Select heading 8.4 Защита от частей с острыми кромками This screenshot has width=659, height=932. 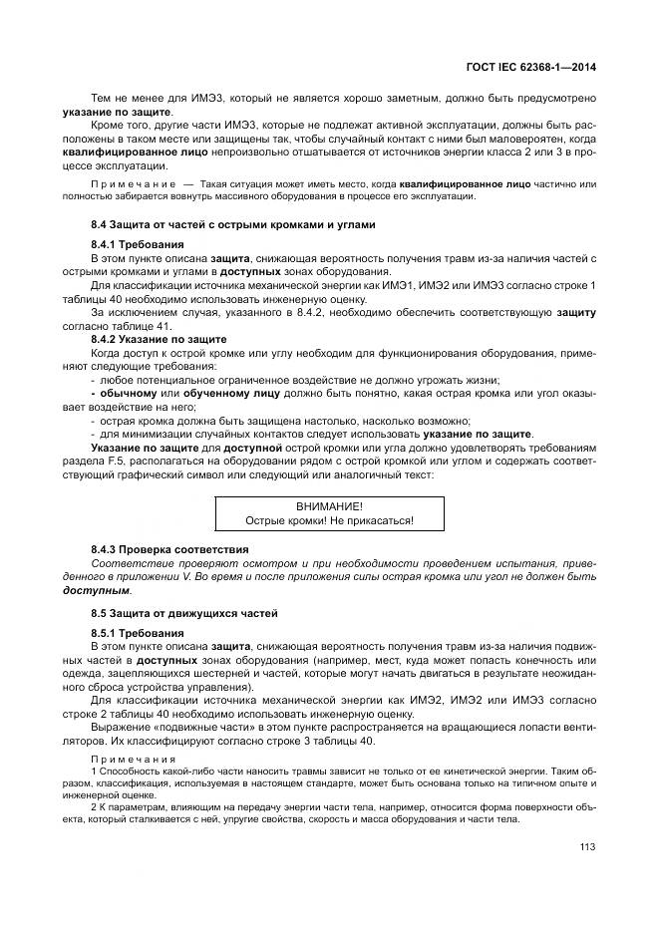point(232,225)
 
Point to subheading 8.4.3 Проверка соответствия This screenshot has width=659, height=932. point(169,549)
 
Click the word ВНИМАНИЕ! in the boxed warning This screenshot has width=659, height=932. point(329,506)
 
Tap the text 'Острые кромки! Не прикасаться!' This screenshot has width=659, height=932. point(329,520)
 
